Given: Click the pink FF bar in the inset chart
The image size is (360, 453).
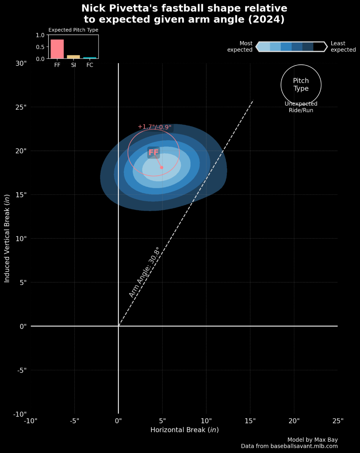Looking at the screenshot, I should [57, 49].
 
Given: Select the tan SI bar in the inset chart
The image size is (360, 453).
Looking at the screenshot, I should [74, 57].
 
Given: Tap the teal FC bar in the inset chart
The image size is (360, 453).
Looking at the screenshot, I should [90, 58].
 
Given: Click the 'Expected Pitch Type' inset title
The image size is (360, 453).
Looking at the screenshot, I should [73, 30].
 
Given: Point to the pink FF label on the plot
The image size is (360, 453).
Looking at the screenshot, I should [154, 153].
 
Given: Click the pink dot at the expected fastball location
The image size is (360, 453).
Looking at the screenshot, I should [162, 167].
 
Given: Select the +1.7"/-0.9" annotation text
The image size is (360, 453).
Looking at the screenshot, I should [154, 127].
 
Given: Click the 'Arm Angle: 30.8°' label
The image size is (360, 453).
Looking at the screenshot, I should [144, 272].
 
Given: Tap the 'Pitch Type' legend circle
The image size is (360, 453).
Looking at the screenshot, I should [301, 85].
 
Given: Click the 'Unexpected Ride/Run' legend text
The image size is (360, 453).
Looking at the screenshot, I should [301, 107].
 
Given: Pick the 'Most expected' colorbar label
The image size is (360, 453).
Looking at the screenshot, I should [240, 46].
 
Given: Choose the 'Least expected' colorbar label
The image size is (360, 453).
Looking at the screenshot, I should [343, 46].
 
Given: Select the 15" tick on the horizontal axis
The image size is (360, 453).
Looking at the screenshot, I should [250, 421].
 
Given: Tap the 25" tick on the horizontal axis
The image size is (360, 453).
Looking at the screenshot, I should [338, 421].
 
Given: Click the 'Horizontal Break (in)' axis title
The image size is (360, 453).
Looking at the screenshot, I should [185, 430].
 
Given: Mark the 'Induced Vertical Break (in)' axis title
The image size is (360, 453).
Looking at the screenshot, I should [7, 239].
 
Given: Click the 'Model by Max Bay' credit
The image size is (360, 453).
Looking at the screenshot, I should [312, 440].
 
